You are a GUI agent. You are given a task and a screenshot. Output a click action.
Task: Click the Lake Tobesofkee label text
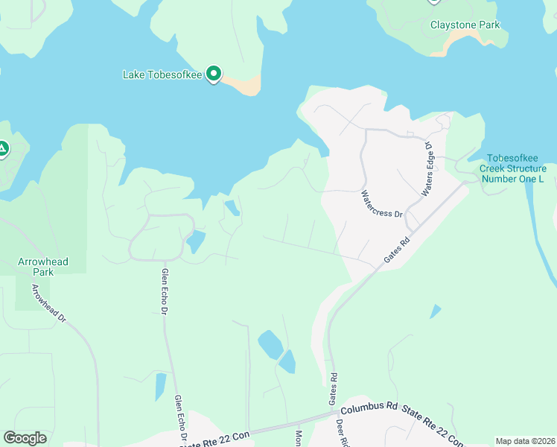tap(163, 74)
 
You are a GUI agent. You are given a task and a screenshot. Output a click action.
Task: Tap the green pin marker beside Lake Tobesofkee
tap(214, 74)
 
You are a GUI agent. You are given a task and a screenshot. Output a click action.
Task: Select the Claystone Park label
tap(465, 25)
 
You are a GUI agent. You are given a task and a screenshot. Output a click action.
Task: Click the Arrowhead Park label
tap(43, 267)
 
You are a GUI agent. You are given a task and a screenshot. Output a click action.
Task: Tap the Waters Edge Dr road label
tap(427, 169)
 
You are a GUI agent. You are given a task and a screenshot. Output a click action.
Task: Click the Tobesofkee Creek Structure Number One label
tap(512, 168)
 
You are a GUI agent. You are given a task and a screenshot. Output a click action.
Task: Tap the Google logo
tap(25, 438)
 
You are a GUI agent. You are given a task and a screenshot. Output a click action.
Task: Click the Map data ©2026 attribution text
tap(524, 441)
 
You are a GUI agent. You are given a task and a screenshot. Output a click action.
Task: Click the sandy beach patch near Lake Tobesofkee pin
tap(245, 86)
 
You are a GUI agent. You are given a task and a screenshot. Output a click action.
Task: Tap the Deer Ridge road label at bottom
tap(343, 432)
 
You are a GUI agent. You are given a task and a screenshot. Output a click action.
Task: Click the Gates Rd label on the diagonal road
tap(397, 249)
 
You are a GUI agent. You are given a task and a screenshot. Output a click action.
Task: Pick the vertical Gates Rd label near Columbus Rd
tap(333, 390)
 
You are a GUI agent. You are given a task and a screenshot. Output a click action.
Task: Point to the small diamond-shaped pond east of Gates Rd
tap(436, 311)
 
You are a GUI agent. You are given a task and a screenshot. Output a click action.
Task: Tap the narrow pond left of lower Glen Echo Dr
tap(160, 386)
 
